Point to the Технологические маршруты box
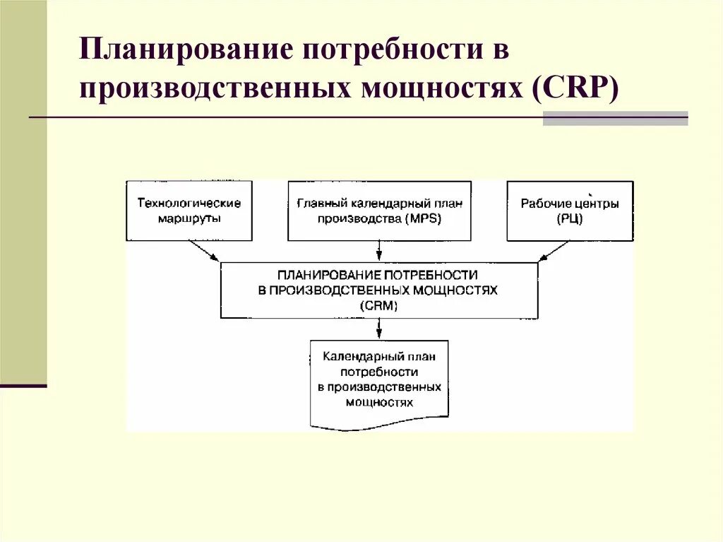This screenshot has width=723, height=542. coord(189,211)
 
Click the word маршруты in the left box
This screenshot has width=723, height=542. coord(189,218)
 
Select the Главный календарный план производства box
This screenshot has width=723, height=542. coord(380,211)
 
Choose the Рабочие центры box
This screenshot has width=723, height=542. coord(570,211)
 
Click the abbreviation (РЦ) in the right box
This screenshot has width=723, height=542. coord(570,219)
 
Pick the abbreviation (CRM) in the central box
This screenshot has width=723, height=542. coord(378,306)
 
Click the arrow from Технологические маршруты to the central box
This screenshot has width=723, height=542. coord(205,252)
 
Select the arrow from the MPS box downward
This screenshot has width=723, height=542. coord(380,251)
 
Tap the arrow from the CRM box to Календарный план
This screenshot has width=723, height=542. coord(380,329)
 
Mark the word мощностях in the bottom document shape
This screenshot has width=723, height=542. coord(379,402)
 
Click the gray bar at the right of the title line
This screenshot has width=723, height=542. coord(615,118)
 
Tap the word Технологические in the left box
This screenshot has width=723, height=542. coord(189,203)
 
